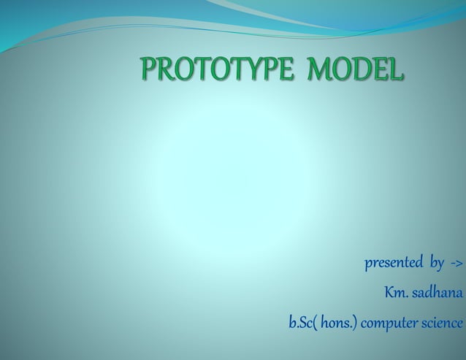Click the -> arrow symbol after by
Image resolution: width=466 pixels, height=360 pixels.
tap(456, 262)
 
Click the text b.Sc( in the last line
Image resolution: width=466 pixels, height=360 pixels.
tap(302, 322)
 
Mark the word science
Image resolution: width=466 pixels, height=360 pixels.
tap(442, 322)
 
